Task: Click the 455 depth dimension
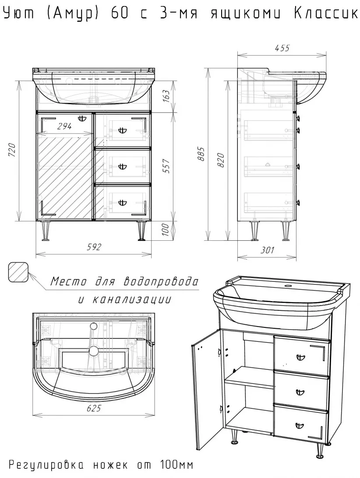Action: [282, 48]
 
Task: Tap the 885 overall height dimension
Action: [201, 154]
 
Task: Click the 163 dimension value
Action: [166, 95]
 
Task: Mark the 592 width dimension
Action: [94, 246]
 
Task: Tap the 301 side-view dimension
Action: [267, 250]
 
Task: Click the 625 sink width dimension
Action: [94, 408]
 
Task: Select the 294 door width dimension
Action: [64, 126]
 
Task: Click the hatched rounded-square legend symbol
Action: [18, 272]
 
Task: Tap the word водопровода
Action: [161, 281]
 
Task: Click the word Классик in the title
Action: [326, 13]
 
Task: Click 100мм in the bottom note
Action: [176, 465]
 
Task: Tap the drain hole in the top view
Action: [94, 351]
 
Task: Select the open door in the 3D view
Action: [207, 392]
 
